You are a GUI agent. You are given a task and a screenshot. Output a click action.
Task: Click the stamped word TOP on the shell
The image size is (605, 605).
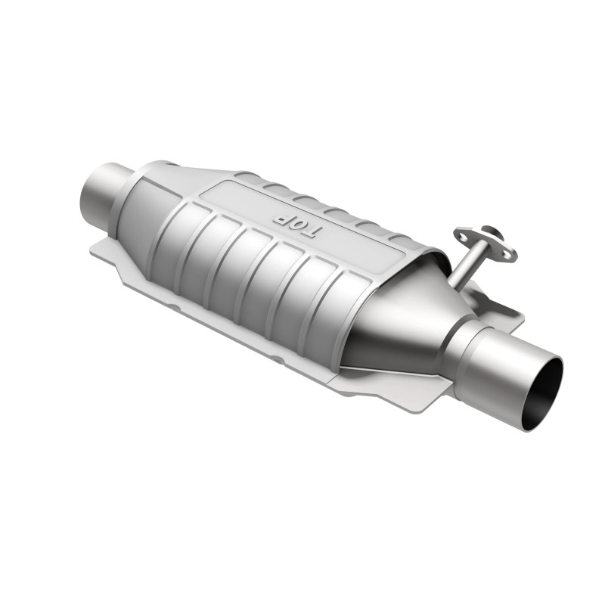[x=296, y=222]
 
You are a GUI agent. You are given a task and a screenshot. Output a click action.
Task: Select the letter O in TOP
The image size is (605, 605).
[x=297, y=222]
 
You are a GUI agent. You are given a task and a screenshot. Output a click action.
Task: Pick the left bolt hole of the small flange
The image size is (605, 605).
[x=461, y=237]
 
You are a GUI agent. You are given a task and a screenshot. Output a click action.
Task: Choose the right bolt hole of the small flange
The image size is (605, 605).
[x=508, y=253]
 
